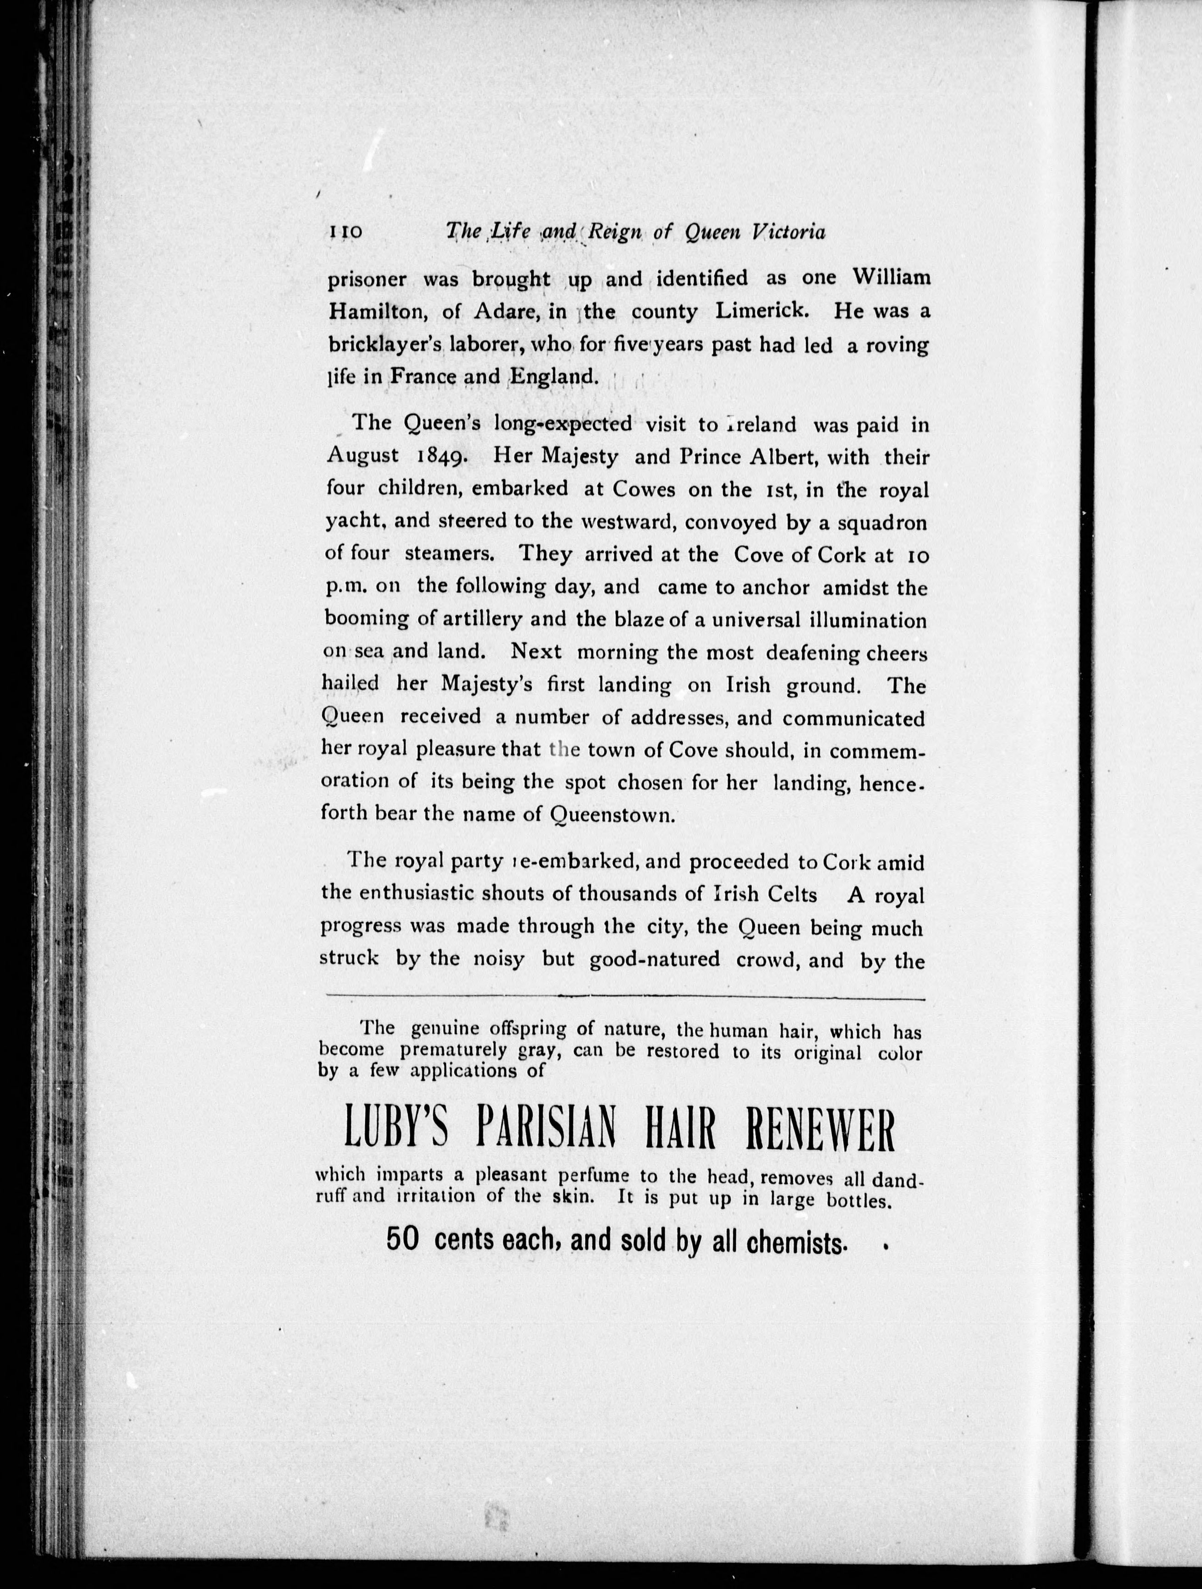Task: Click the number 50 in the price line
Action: pyautogui.click(x=401, y=1239)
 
